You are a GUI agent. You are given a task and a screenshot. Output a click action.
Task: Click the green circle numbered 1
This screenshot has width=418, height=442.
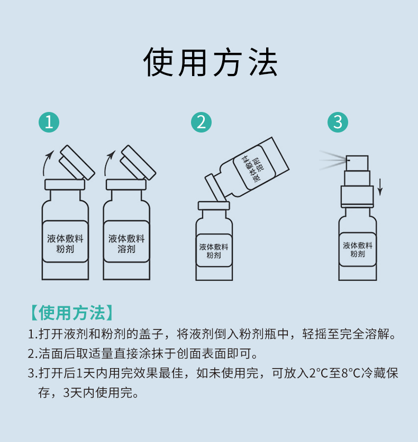click(49, 122)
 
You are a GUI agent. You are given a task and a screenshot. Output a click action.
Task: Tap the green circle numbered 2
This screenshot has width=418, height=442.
click(201, 122)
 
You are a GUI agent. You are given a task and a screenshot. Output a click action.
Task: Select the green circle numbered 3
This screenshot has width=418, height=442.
click(338, 122)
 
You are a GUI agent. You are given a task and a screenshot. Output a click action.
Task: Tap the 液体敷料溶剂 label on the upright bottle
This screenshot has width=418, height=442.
click(126, 243)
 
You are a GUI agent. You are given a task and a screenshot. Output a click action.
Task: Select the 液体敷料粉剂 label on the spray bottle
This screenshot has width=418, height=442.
click(358, 249)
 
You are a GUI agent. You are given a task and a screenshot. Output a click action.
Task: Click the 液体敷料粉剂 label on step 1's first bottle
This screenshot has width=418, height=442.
click(65, 243)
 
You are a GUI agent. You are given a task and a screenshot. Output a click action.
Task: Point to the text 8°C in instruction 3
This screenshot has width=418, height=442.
click(352, 373)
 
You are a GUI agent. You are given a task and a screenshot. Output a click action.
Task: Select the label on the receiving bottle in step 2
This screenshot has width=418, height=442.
click(214, 251)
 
